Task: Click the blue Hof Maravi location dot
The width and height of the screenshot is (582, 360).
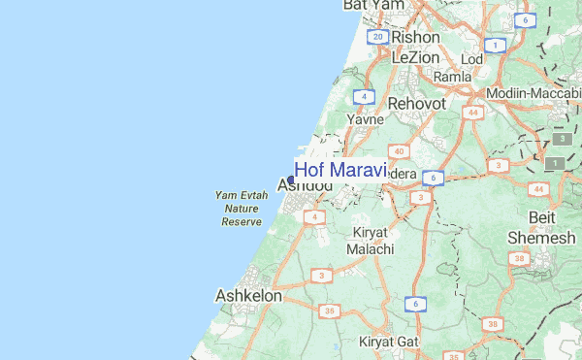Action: click(291, 180)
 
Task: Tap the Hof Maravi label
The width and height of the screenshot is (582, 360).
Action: click(340, 170)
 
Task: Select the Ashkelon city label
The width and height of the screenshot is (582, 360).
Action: click(248, 295)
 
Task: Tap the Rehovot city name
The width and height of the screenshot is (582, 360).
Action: click(416, 103)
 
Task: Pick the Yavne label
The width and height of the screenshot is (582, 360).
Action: click(366, 119)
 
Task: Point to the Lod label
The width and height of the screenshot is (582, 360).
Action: click(471, 59)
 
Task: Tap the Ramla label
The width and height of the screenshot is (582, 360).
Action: click(452, 77)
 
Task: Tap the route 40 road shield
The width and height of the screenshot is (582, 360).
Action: click(399, 151)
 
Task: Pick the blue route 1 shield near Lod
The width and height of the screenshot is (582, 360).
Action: click(496, 45)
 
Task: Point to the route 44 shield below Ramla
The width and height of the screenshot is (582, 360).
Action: click(473, 114)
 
